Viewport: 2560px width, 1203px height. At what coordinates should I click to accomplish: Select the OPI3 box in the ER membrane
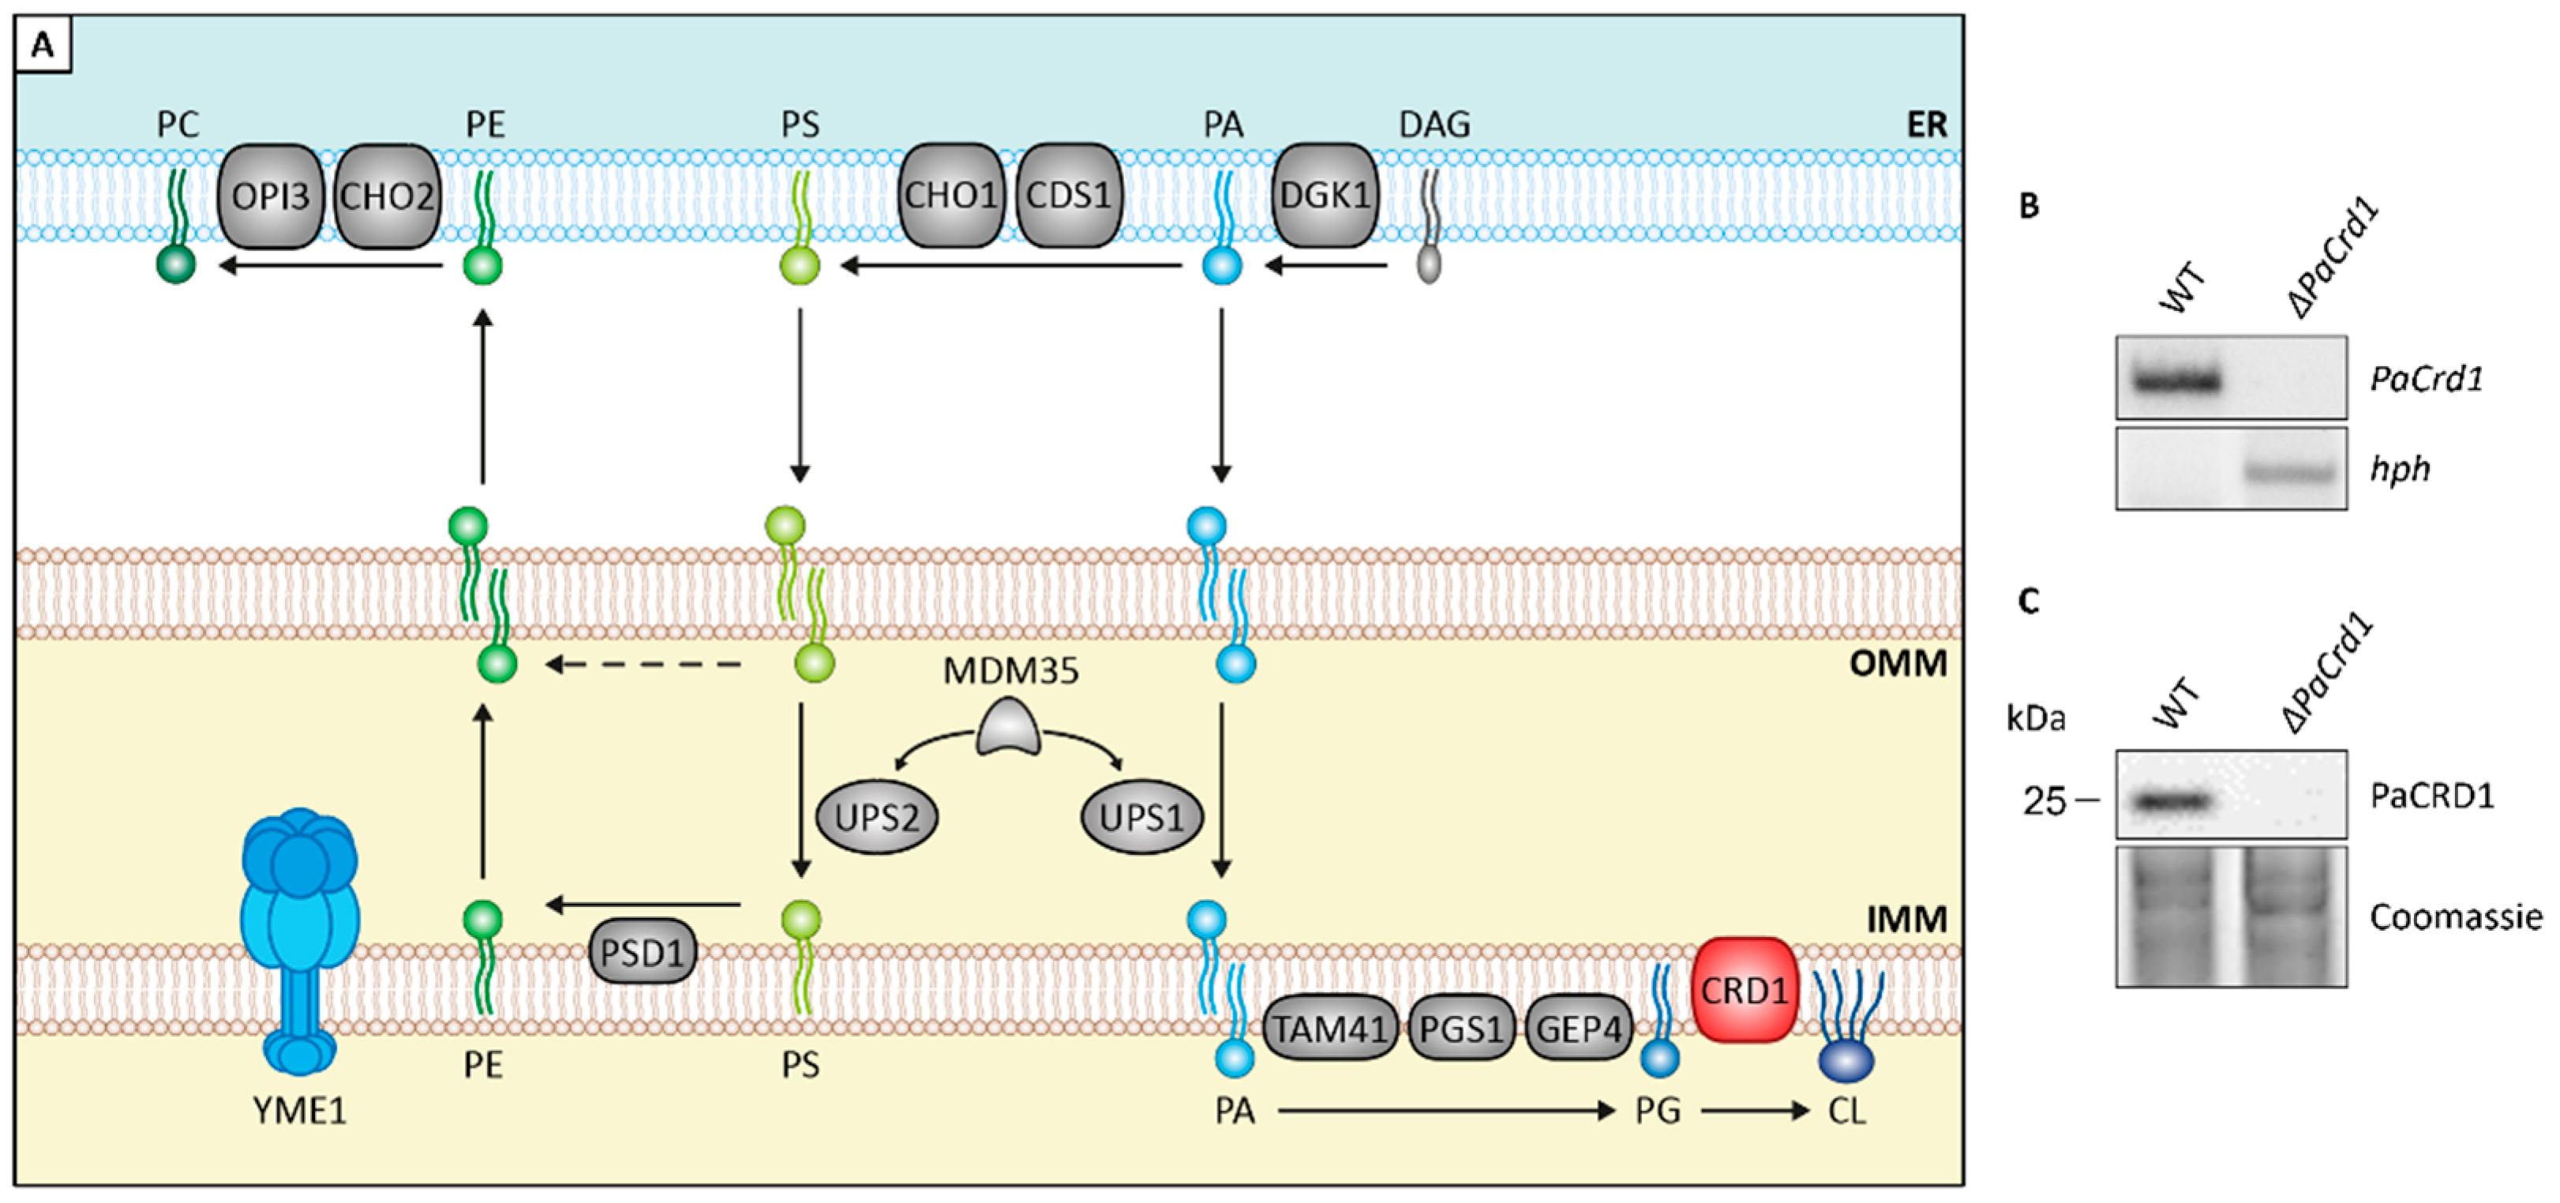pyautogui.click(x=270, y=197)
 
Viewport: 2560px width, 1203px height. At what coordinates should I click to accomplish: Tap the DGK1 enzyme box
pyautogui.click(x=1325, y=197)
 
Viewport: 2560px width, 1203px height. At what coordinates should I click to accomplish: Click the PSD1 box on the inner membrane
pyautogui.click(x=642, y=953)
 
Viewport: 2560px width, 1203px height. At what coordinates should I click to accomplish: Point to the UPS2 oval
pyautogui.click(x=876, y=819)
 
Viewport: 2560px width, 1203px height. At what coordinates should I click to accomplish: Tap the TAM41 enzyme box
pyautogui.click(x=1329, y=1029)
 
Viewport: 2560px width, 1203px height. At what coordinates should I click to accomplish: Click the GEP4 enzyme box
pyautogui.click(x=1579, y=1029)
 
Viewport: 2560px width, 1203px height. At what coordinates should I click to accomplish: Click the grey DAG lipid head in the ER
pyautogui.click(x=1428, y=265)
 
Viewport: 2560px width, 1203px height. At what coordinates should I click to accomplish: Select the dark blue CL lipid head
pyautogui.click(x=1846, y=1060)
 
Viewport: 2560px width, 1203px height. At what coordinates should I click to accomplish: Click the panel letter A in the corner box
pyautogui.click(x=43, y=46)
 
